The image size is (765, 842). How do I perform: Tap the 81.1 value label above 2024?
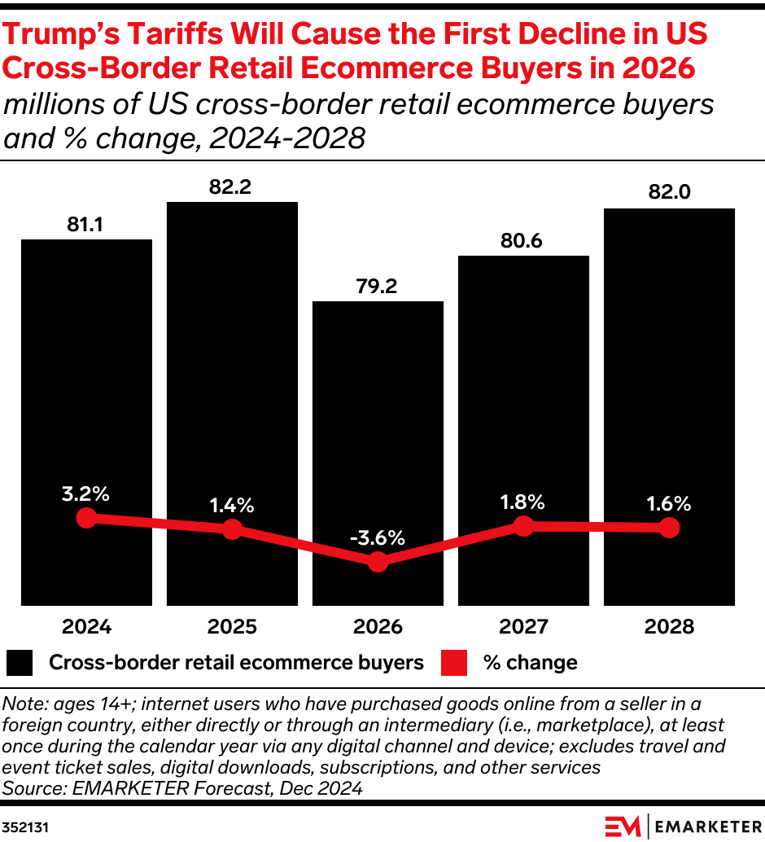point(85,225)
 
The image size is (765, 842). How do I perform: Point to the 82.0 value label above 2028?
point(668,193)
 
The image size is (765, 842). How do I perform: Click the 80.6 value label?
point(523,241)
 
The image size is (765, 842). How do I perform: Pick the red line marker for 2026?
point(378,562)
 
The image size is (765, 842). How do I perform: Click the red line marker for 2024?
point(86,518)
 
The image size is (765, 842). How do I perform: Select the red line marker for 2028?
point(669,528)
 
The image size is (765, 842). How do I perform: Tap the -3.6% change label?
point(378,538)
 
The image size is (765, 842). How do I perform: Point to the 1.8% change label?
point(523,502)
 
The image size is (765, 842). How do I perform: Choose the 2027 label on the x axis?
point(523,626)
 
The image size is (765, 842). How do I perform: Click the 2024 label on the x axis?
point(86,626)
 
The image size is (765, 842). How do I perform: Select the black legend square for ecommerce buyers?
point(20,663)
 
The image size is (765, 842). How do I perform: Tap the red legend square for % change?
point(454,663)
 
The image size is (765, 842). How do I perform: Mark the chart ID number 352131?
point(26,826)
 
